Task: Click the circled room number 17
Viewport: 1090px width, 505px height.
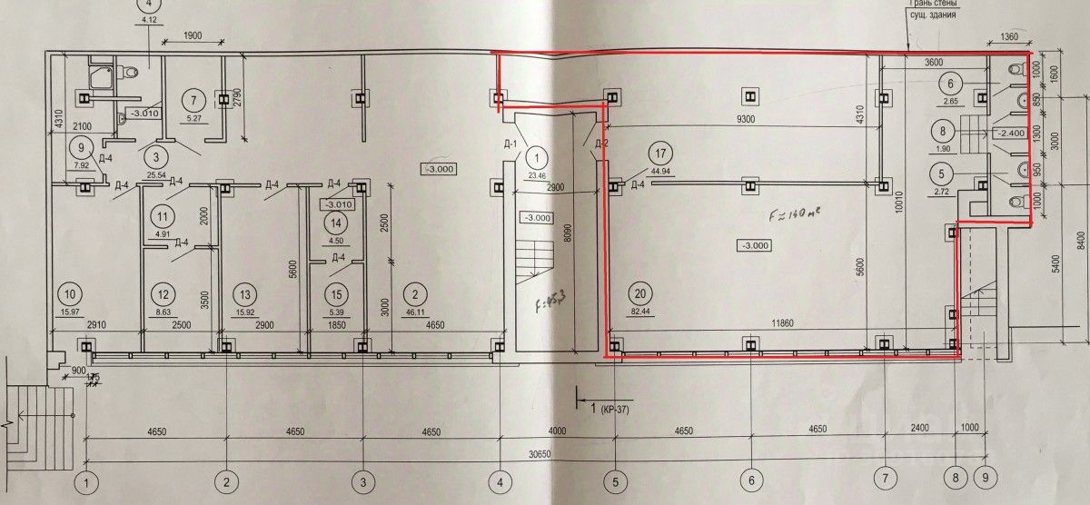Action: tap(660, 153)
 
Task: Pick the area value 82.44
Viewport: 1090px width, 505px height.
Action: tap(643, 312)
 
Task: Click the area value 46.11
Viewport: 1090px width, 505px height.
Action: tap(413, 312)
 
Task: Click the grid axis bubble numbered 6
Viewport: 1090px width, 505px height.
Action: tap(750, 480)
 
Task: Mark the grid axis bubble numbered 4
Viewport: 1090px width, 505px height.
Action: tap(500, 480)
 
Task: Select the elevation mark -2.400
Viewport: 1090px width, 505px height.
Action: tap(1011, 133)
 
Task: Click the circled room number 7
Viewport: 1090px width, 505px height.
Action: tap(193, 98)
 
